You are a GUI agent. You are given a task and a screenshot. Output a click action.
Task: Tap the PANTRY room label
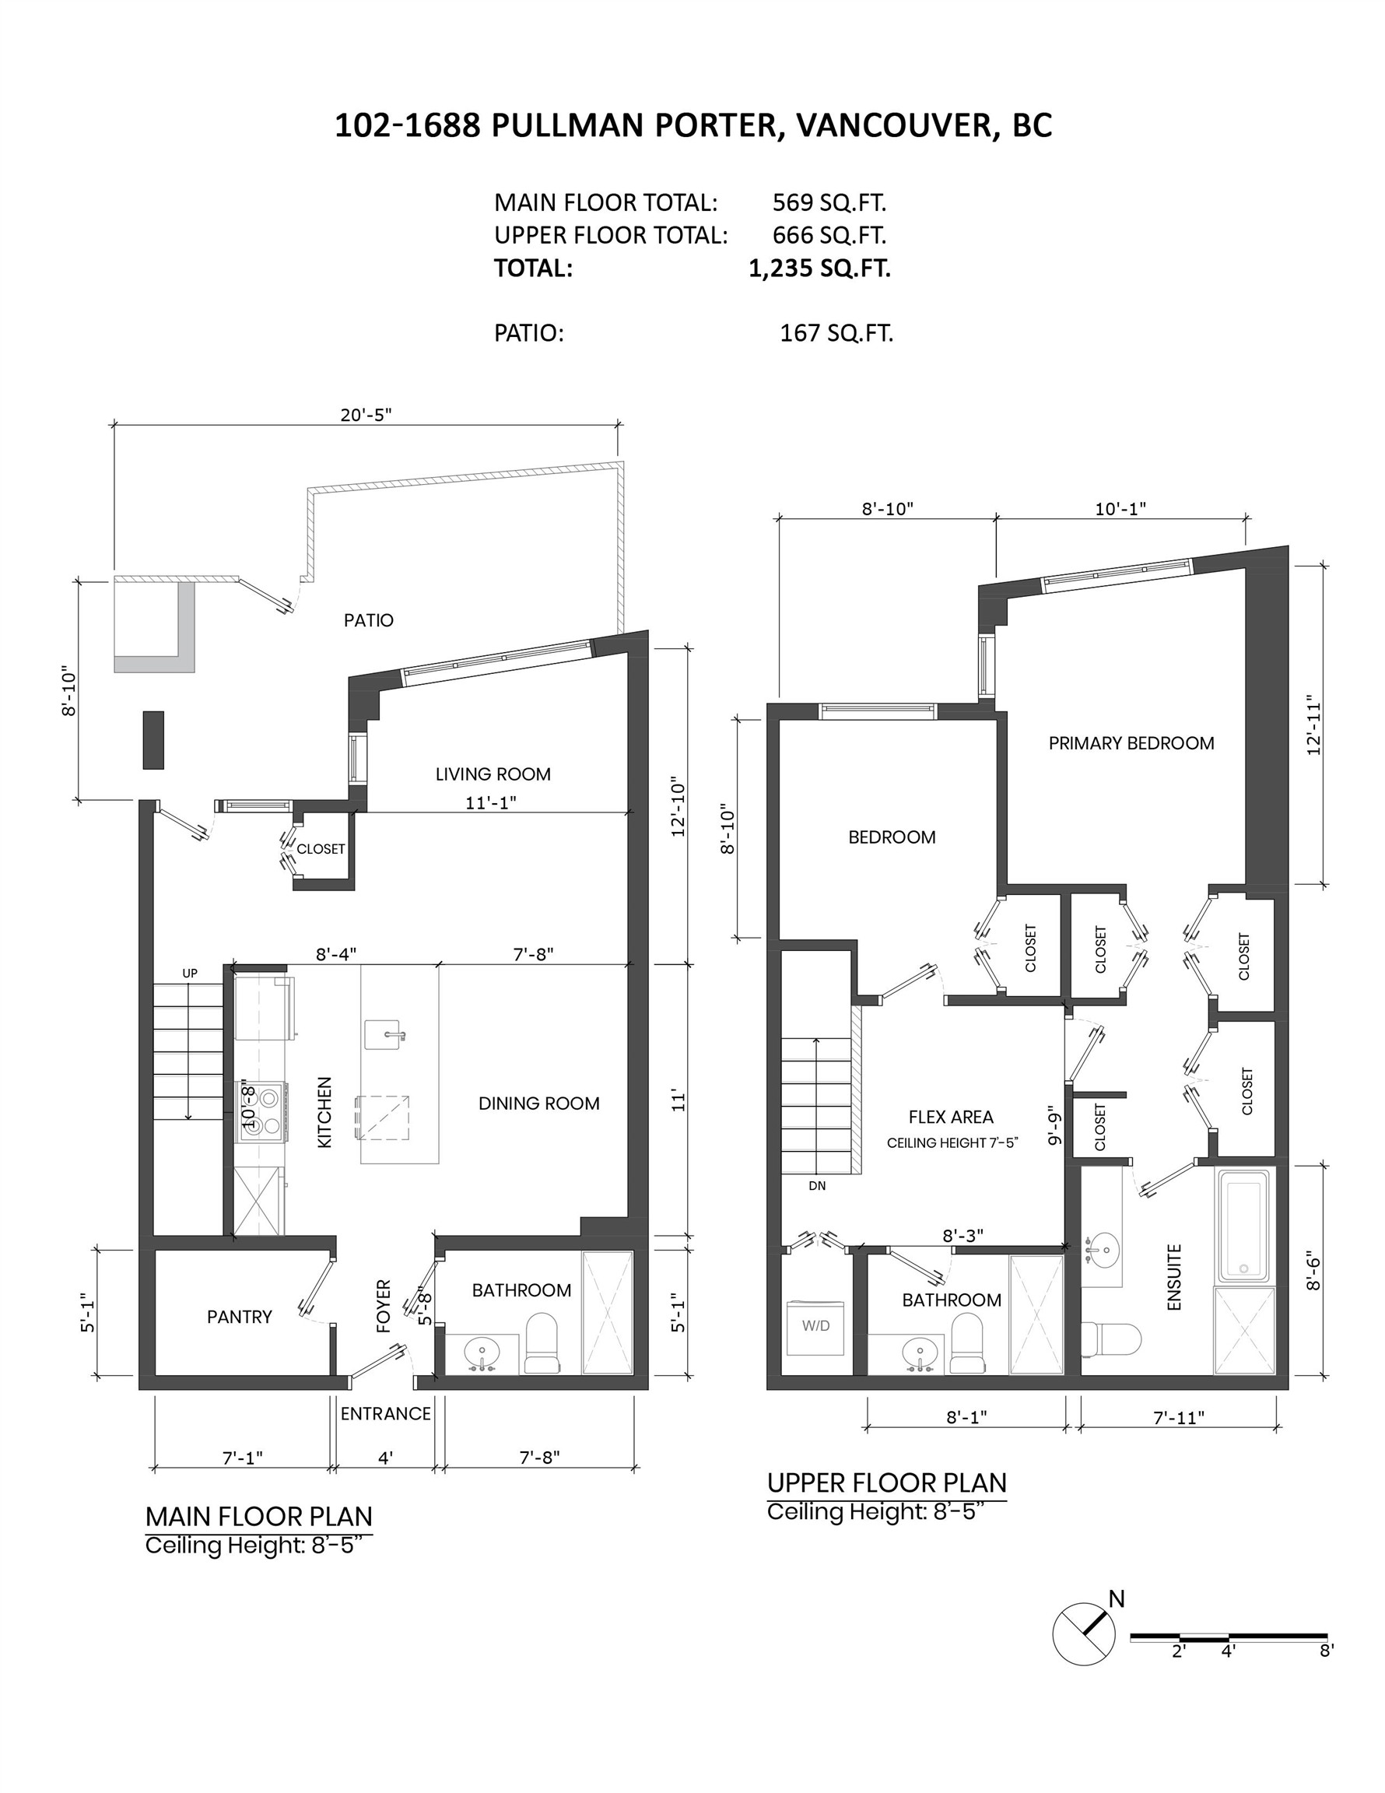tap(239, 1317)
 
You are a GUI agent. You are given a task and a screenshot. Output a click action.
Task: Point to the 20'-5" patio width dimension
tap(366, 416)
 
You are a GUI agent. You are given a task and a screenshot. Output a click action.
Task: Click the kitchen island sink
tap(384, 1036)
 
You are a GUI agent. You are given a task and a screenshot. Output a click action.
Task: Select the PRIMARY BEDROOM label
tap(1131, 743)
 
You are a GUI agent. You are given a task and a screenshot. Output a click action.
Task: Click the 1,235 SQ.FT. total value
tap(819, 268)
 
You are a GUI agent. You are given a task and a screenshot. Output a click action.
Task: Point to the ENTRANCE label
tap(385, 1414)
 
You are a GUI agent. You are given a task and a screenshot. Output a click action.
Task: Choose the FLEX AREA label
tap(951, 1117)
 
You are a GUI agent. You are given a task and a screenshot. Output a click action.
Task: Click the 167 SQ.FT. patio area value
tap(836, 333)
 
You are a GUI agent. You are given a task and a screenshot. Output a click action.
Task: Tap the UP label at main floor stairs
tap(190, 974)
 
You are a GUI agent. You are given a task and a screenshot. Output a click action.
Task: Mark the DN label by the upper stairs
tap(817, 1185)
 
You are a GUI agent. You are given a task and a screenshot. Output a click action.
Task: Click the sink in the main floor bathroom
tap(482, 1351)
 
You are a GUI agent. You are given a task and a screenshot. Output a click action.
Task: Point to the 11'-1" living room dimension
tap(490, 802)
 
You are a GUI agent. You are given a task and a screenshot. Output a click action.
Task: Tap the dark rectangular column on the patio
tap(153, 740)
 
